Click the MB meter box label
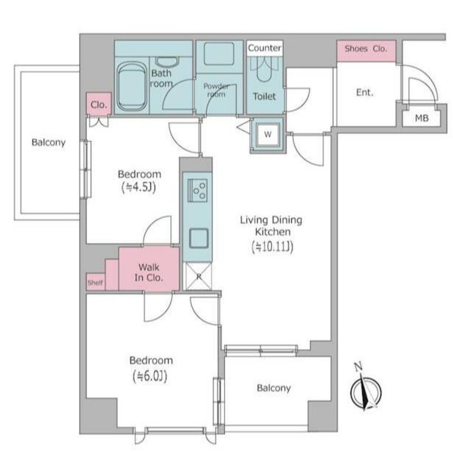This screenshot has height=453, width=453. [421, 118]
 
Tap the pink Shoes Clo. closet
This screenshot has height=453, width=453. [367, 50]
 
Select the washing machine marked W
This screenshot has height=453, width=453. [268, 135]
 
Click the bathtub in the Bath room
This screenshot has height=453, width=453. [132, 86]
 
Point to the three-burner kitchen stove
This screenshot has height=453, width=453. [197, 190]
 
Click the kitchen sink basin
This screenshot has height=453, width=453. [199, 238]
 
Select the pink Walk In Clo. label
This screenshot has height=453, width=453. [149, 272]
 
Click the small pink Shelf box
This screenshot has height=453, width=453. [95, 282]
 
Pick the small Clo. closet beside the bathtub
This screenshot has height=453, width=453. [99, 103]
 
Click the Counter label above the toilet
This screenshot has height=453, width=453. [265, 48]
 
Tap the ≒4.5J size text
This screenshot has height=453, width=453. [139, 187]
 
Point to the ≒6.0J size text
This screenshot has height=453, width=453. [150, 376]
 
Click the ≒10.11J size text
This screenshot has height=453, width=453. [273, 247]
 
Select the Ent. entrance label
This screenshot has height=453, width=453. [364, 92]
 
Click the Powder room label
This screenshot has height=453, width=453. [216, 90]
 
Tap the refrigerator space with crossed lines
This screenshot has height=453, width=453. [199, 276]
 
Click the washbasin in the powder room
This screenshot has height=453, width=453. [219, 53]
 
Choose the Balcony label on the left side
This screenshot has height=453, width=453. [48, 143]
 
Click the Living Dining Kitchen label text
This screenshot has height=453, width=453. [271, 225]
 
